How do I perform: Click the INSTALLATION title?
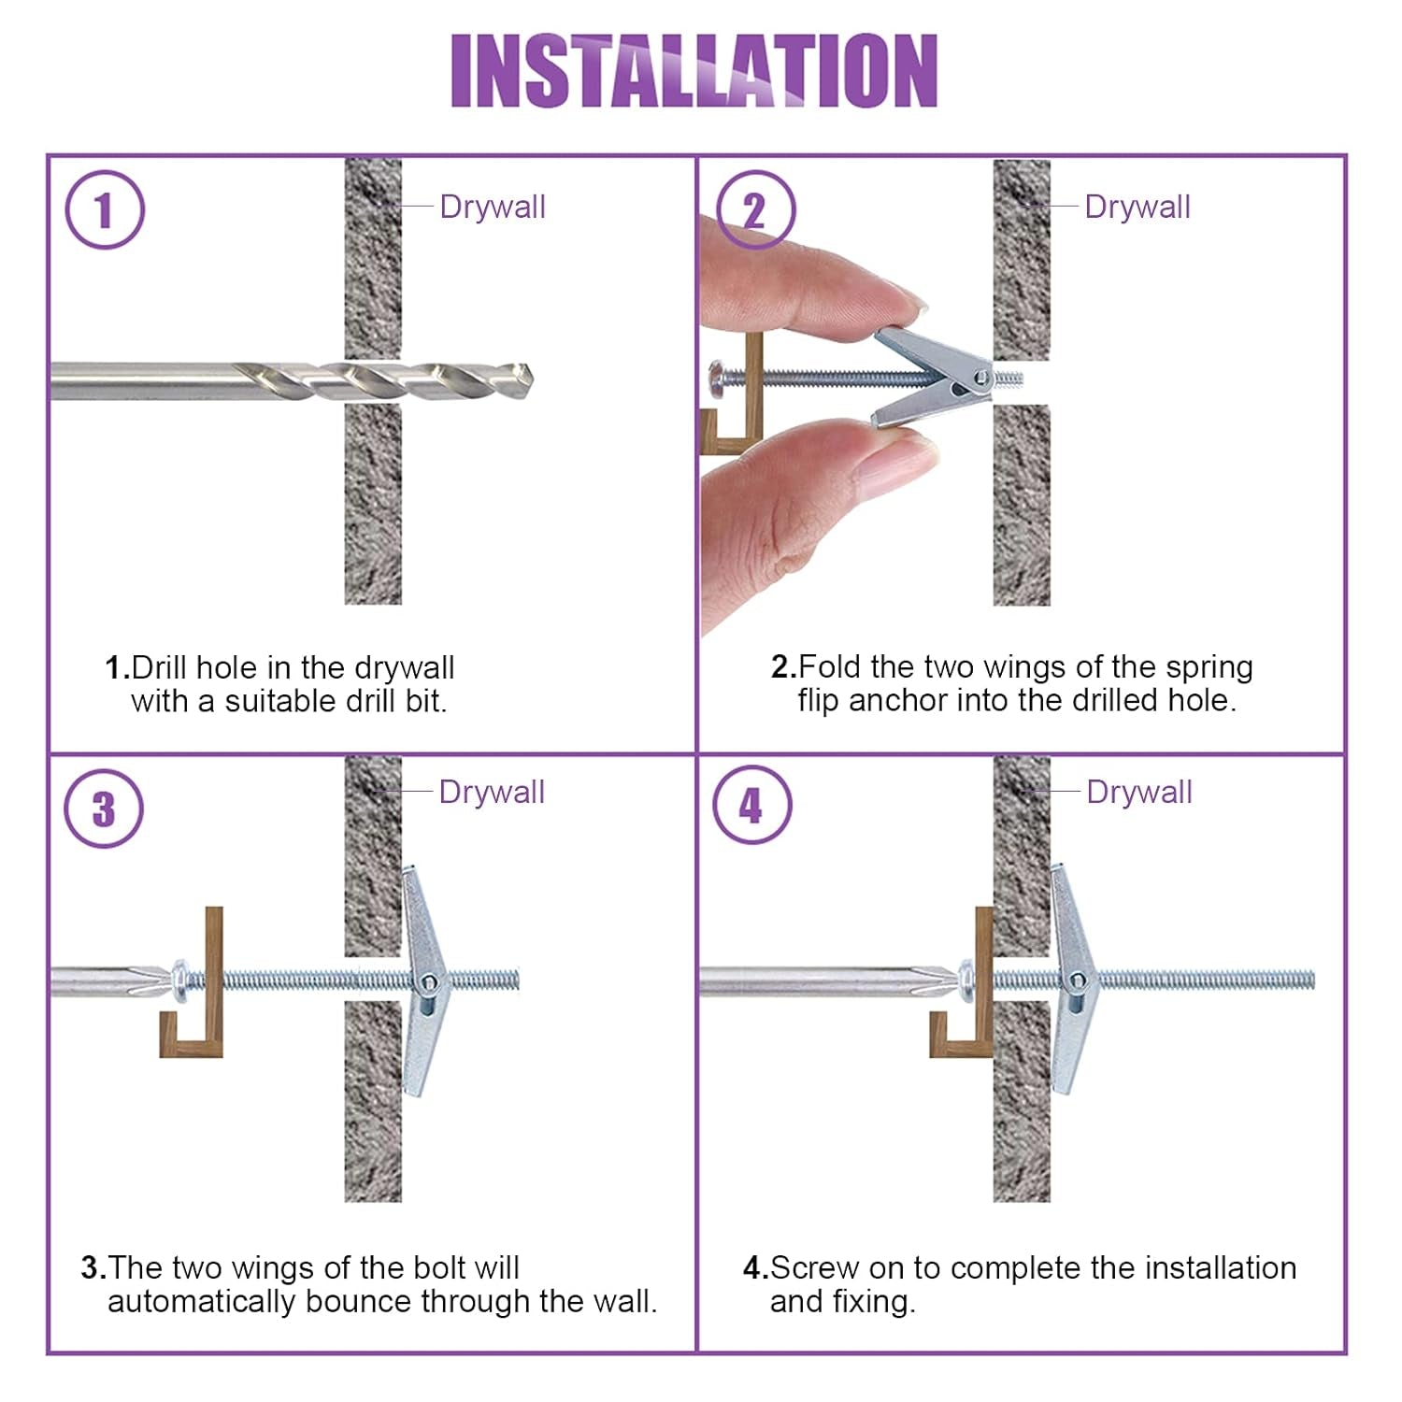tap(694, 70)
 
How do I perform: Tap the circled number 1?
tap(105, 209)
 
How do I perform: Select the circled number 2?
tap(755, 209)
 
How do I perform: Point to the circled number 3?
tap(104, 808)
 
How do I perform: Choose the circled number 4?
tap(751, 805)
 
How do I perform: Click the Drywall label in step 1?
tap(493, 207)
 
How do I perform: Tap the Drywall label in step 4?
tap(1139, 792)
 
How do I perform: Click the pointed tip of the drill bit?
tap(531, 381)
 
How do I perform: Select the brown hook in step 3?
tap(193, 982)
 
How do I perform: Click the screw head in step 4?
tap(971, 980)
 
